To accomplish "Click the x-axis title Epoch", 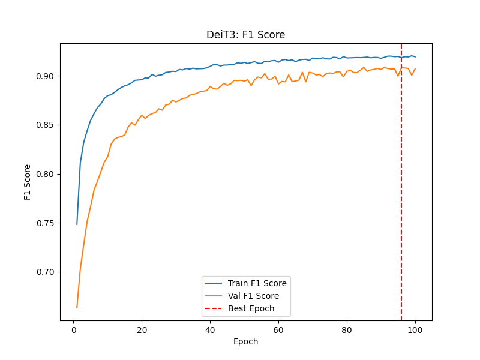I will (246, 341).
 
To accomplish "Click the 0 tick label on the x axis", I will (74, 329).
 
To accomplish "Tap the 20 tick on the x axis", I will (142, 329).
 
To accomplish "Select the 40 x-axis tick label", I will (210, 329).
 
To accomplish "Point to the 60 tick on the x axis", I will (278, 329).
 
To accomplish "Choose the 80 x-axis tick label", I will (347, 329).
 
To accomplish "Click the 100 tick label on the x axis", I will (415, 329).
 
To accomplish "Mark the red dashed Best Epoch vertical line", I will (401, 180).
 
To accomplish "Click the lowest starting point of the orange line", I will (77, 308).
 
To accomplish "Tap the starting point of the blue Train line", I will (77, 224).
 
